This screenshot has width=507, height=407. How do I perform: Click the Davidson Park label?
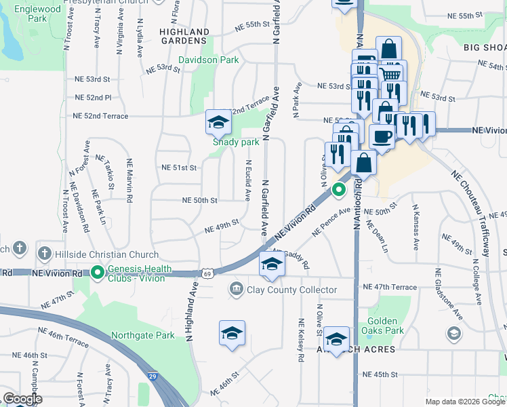tap(208, 60)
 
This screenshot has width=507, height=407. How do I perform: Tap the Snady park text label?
tap(236, 142)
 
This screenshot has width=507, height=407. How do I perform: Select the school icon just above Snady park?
tap(218, 122)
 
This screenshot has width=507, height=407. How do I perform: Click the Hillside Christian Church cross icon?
tap(44, 254)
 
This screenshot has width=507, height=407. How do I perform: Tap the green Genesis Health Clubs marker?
tap(98, 273)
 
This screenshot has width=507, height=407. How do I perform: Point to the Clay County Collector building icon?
tap(236, 290)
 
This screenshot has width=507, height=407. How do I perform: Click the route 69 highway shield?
tap(207, 273)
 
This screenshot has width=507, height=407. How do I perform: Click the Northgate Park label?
tap(144, 335)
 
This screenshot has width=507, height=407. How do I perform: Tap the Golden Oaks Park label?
tap(386, 326)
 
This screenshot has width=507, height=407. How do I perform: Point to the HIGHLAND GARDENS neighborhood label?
tap(184, 37)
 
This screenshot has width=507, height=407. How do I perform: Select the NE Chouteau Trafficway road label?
tap(471, 211)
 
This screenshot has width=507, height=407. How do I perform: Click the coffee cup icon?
tap(382, 136)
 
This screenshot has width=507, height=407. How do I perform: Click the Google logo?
tap(22, 399)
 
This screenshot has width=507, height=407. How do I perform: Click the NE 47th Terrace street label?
tap(390, 287)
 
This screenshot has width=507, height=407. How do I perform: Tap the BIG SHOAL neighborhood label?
tap(485, 48)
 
